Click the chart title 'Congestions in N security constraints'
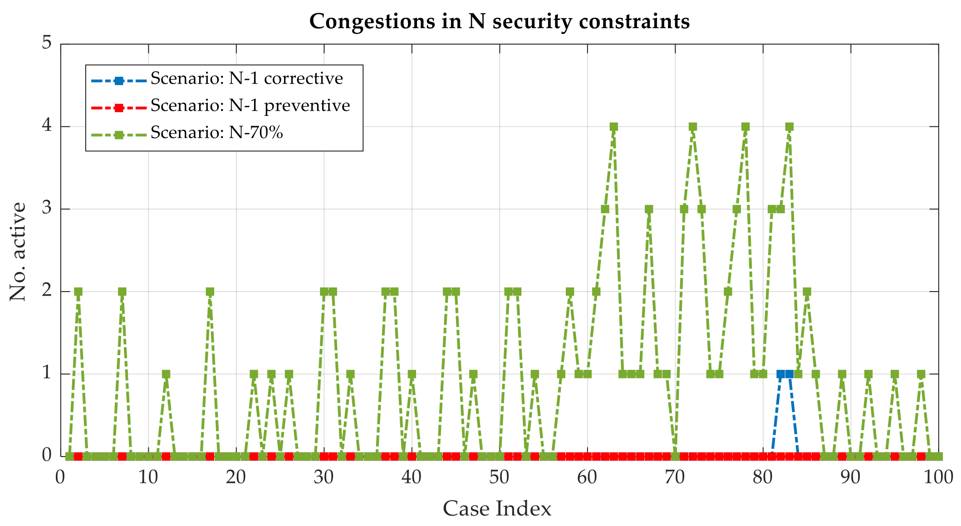coord(499,21)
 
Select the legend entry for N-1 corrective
coord(246,79)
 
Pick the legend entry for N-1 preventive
coord(250,105)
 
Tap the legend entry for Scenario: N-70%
coord(216,133)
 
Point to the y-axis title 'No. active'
coord(18,251)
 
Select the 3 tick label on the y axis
coord(47,209)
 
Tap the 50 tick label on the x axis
coord(499,477)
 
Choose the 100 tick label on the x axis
coord(938,477)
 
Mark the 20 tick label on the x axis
coord(236,477)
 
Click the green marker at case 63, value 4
coord(613,127)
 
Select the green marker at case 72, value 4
coord(692,127)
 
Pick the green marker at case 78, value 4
coord(745,127)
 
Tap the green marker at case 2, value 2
coord(78,292)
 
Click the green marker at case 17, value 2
coord(210,292)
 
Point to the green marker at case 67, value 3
coord(649,209)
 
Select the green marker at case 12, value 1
coord(166,374)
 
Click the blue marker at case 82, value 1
coord(780,374)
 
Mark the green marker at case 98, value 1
coord(921,374)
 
